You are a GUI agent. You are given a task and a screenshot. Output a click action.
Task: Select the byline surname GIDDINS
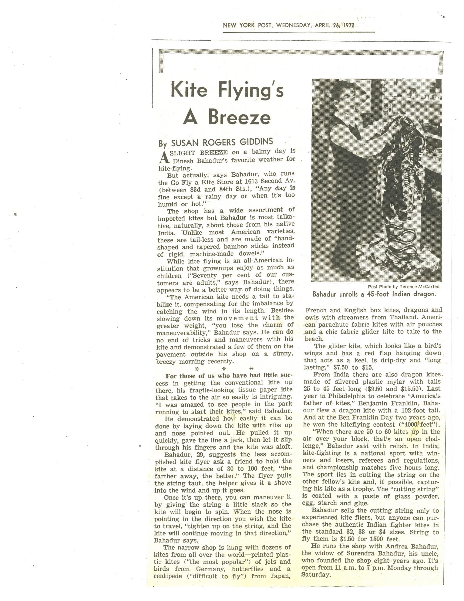point(257,141)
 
